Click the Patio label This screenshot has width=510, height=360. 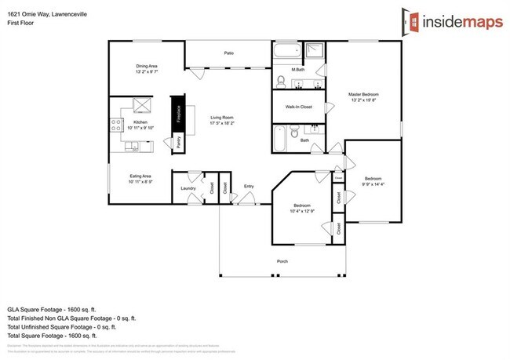coord(229,53)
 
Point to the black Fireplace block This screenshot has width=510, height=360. coord(178,115)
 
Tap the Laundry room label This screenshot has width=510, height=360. coord(188,188)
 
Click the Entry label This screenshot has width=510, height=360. coord(249,186)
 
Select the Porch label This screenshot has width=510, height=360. coord(282,260)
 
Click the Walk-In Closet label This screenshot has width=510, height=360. coord(299,107)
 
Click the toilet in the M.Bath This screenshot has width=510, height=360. coord(281,80)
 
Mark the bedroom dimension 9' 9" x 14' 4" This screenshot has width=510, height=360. coord(373,184)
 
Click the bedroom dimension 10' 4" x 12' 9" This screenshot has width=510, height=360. coord(301,210)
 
